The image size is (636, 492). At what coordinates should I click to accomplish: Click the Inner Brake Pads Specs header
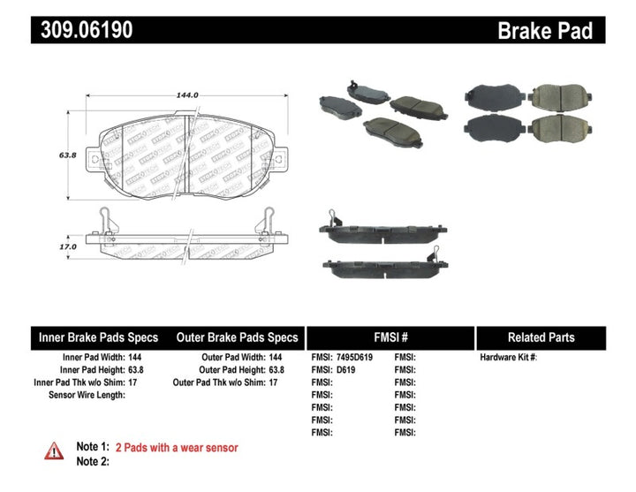point(98,337)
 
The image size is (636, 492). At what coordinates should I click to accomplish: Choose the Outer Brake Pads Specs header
point(238,337)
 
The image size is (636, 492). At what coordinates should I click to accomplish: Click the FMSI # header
point(390,337)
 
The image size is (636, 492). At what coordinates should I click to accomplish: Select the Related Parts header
point(541,337)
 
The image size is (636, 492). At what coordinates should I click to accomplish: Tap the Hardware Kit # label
point(509,358)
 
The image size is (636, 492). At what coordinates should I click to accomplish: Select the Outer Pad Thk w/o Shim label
point(221,382)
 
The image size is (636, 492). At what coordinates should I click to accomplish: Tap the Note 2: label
point(93,461)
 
